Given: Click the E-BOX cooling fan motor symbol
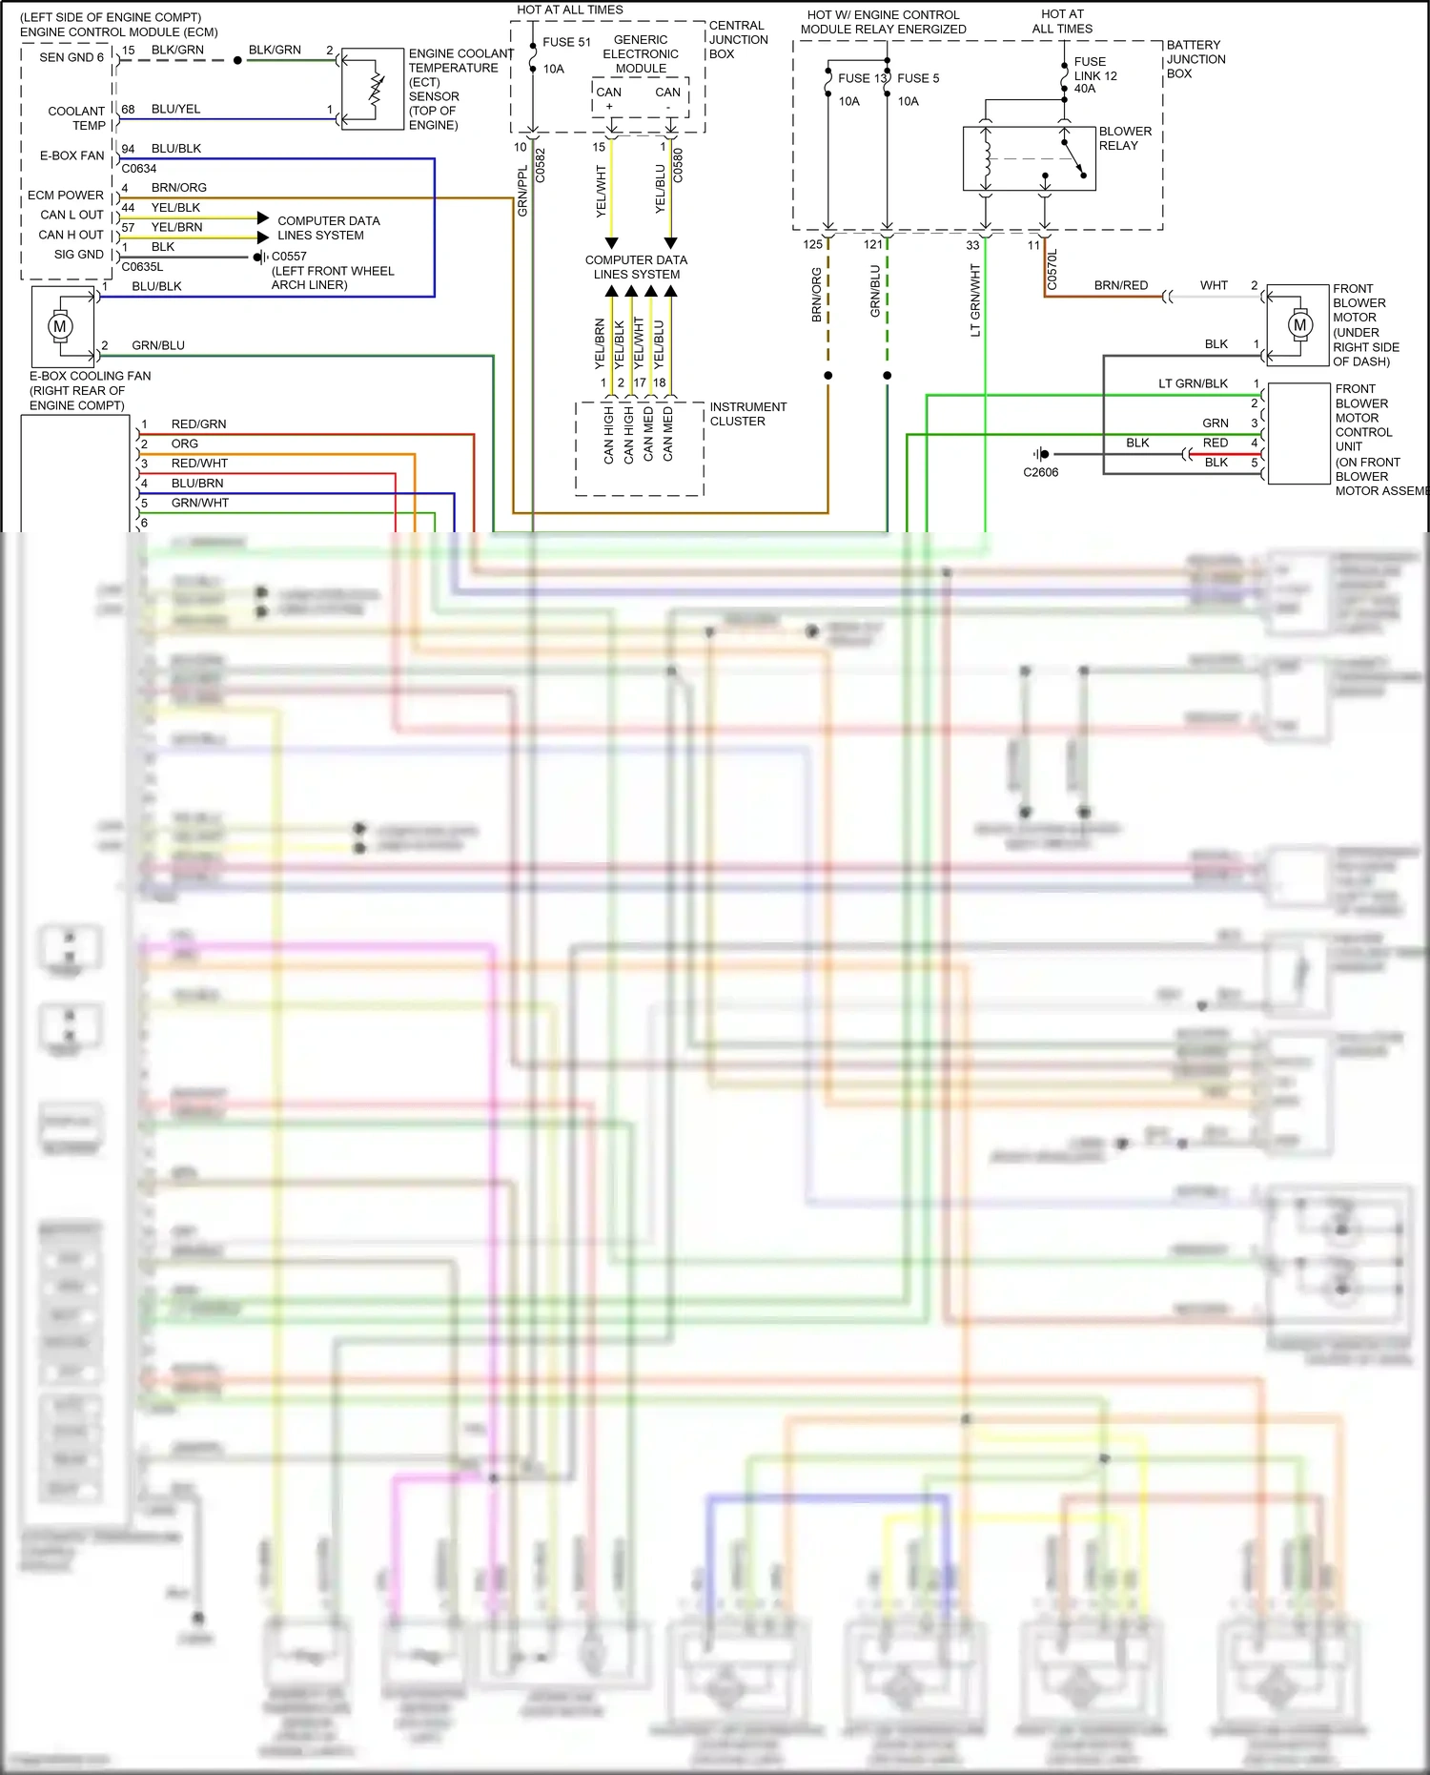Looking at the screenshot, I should (60, 326).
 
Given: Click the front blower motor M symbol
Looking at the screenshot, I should (1299, 325).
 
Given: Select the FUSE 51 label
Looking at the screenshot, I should (566, 42).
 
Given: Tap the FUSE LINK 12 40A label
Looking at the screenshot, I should (1094, 75).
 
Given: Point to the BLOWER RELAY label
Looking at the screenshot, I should (1124, 138).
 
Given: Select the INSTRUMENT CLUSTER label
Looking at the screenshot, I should (747, 414).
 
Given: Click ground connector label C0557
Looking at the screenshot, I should (289, 257).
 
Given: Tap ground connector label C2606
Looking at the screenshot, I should (1040, 472).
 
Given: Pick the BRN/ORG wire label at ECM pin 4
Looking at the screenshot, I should (178, 188).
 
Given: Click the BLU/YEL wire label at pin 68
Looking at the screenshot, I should (175, 110).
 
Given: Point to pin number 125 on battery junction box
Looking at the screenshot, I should (812, 245).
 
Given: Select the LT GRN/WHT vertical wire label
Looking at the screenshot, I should (975, 300).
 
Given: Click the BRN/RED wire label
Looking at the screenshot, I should (1120, 285).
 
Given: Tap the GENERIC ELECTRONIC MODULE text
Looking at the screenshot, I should (641, 54).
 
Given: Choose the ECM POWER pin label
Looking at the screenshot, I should (65, 196).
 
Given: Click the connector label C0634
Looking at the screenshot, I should (139, 169).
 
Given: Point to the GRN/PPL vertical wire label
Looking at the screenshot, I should (522, 191).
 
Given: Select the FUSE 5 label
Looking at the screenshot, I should (917, 78).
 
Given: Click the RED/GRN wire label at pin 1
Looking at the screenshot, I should (198, 424).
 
